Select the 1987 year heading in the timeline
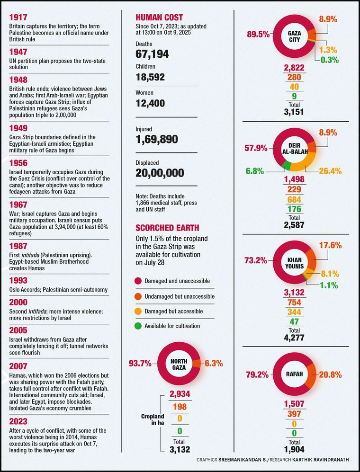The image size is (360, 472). [x=18, y=247]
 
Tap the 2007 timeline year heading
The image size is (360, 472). [x=18, y=366]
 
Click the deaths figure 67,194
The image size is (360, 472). [x=152, y=54]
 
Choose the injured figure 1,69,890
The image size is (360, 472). [x=157, y=139]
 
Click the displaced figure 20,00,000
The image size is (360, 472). [x=160, y=173]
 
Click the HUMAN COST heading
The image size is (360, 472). [x=159, y=18]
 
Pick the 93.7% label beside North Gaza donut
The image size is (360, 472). [x=140, y=364]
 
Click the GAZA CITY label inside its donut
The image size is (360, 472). [x=294, y=36]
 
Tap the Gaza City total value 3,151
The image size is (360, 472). [x=294, y=112]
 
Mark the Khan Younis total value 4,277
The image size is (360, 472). [x=294, y=338]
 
